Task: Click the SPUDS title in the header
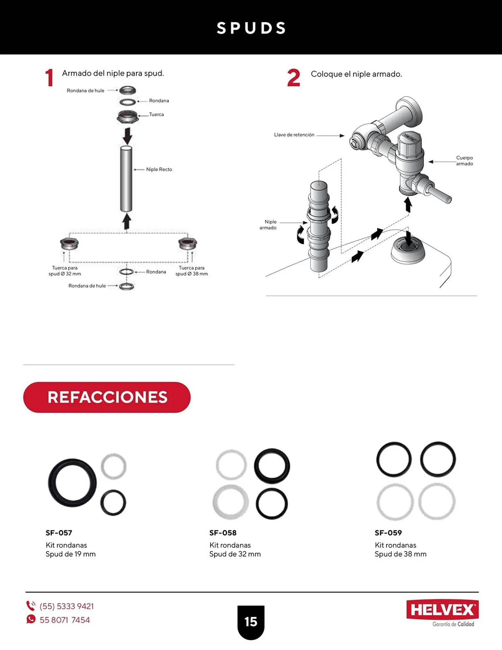coord(251,28)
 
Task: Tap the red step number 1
coord(49,78)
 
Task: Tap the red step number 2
coord(293,78)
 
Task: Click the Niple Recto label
coord(159,169)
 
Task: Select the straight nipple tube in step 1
coord(126,179)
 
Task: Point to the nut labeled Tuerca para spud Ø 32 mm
coord(69,244)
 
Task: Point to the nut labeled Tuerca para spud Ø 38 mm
coord(187,244)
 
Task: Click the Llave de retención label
coord(294,135)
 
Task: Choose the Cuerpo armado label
coord(464,161)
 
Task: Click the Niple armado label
coord(268,225)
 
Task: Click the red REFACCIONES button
coord(107,397)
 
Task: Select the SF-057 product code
coord(59,533)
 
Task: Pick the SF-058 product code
coord(223,533)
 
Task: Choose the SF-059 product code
coord(388,533)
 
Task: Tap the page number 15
coord(251,622)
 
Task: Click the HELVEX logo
coord(442,610)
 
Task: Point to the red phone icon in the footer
coord(31,606)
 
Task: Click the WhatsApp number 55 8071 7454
coord(65,620)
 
